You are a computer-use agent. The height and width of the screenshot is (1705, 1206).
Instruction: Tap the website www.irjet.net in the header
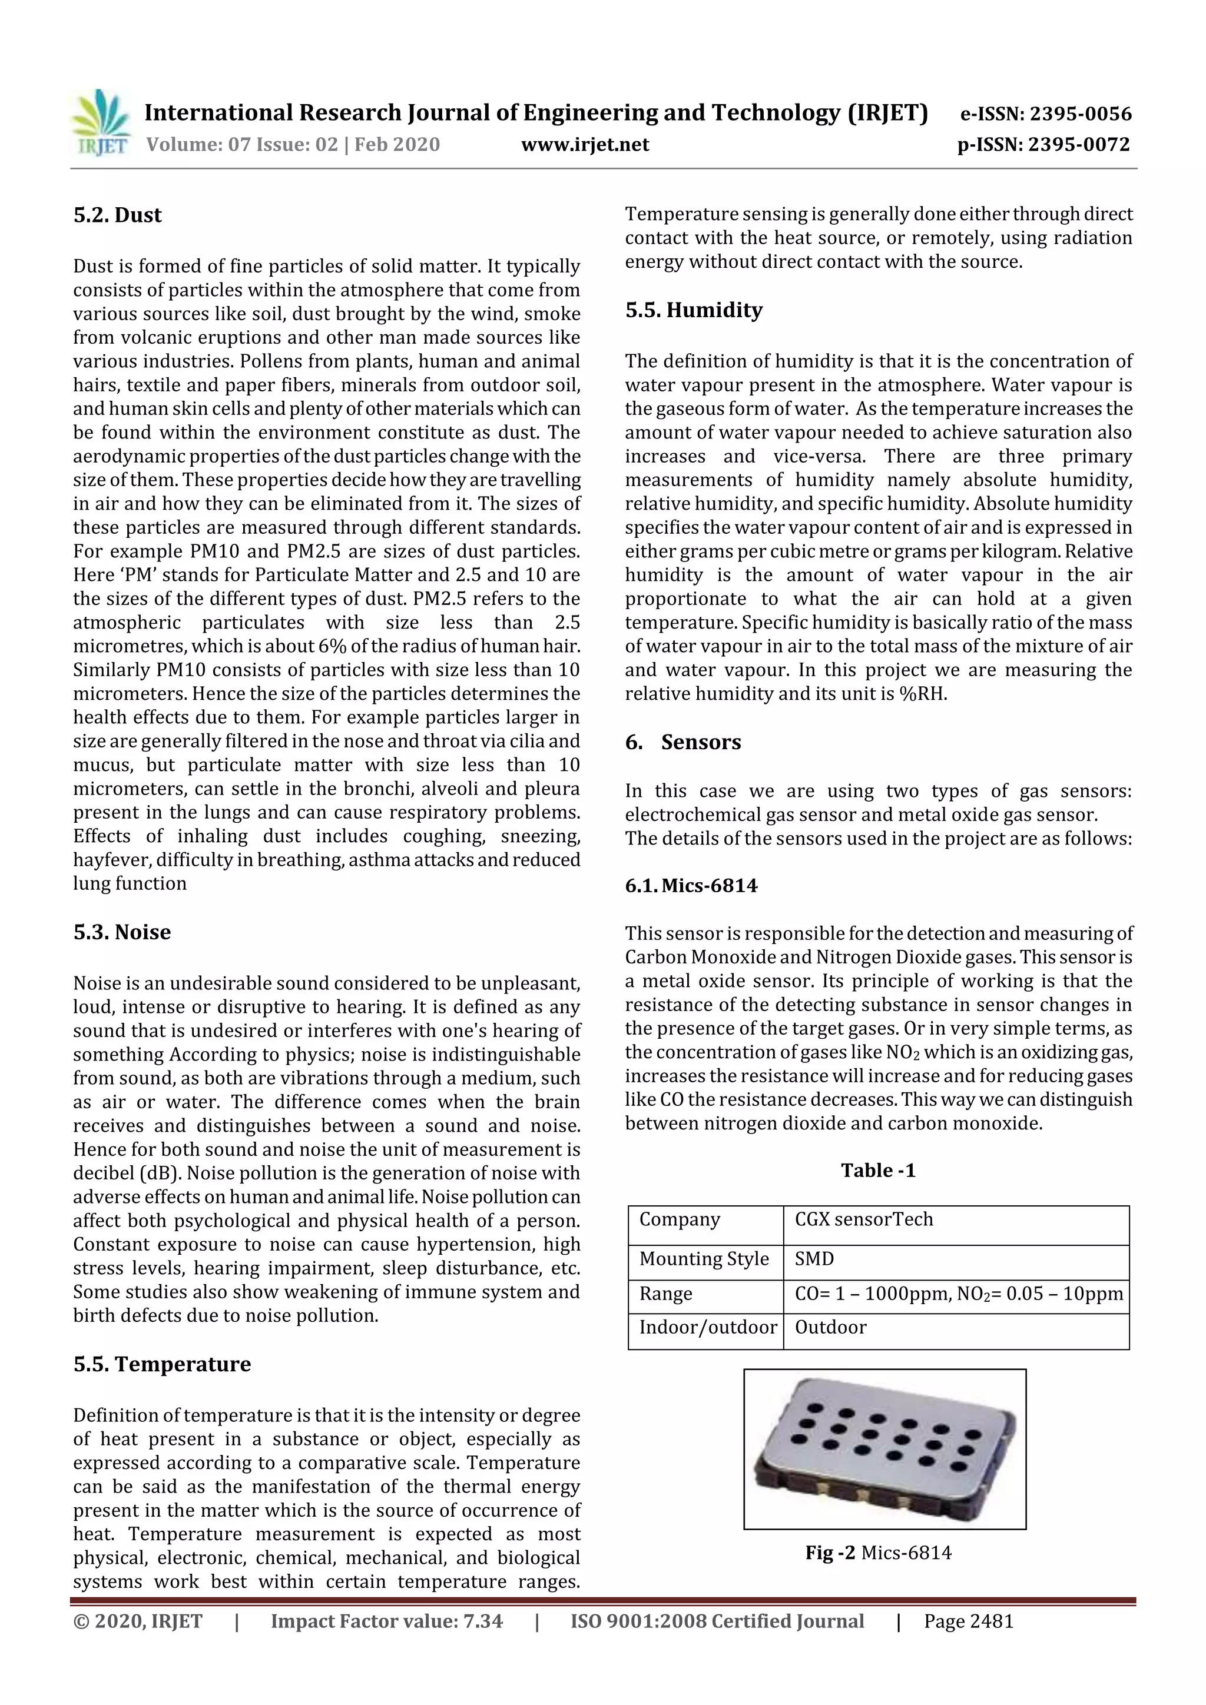coord(585,144)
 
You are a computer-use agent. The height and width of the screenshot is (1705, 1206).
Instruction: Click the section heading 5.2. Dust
coord(117,215)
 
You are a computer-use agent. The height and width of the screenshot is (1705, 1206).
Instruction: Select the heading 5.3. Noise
coord(122,932)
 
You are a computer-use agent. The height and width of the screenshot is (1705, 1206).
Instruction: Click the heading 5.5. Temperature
coord(162,1364)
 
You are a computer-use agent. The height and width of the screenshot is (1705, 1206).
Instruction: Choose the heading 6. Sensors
coord(683,742)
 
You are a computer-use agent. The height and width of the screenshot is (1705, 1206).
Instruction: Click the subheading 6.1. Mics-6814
coord(691,885)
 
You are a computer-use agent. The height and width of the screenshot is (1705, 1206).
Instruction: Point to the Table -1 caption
coord(879,1171)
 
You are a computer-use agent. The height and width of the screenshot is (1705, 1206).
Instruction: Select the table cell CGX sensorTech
coord(863,1219)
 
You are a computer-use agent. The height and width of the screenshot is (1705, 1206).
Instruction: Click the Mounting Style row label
coord(704,1259)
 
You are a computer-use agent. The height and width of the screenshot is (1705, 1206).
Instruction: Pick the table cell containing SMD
coord(814,1259)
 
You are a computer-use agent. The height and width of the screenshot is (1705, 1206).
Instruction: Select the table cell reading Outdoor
coord(830,1327)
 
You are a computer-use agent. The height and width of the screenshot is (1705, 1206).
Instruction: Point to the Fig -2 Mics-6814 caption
coord(879,1553)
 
